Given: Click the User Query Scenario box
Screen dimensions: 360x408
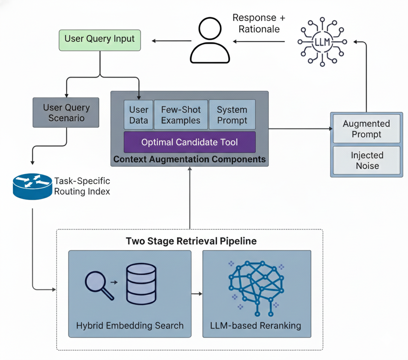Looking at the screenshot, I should point(66,112).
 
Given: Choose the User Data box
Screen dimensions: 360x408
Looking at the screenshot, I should point(138,115).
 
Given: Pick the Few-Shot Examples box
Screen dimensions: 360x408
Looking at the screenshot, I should point(181,115).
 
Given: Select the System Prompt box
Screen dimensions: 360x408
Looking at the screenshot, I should point(232,115).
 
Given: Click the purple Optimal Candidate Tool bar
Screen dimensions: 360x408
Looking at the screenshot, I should point(189,142).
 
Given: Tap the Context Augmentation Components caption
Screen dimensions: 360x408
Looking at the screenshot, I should point(189,159).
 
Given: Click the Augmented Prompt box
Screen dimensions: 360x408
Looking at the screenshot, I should point(366,129).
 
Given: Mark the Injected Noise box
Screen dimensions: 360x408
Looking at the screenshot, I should point(367,160).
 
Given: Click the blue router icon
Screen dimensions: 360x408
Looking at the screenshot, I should point(32,186).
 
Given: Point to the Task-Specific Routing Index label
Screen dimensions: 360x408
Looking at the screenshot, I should point(82,186).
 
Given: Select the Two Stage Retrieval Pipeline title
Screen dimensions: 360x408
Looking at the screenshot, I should point(191,241).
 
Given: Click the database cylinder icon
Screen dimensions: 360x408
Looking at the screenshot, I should point(141,283).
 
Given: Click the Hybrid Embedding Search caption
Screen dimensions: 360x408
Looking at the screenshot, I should point(130,325).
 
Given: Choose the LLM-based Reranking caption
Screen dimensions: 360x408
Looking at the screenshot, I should point(256,325).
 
